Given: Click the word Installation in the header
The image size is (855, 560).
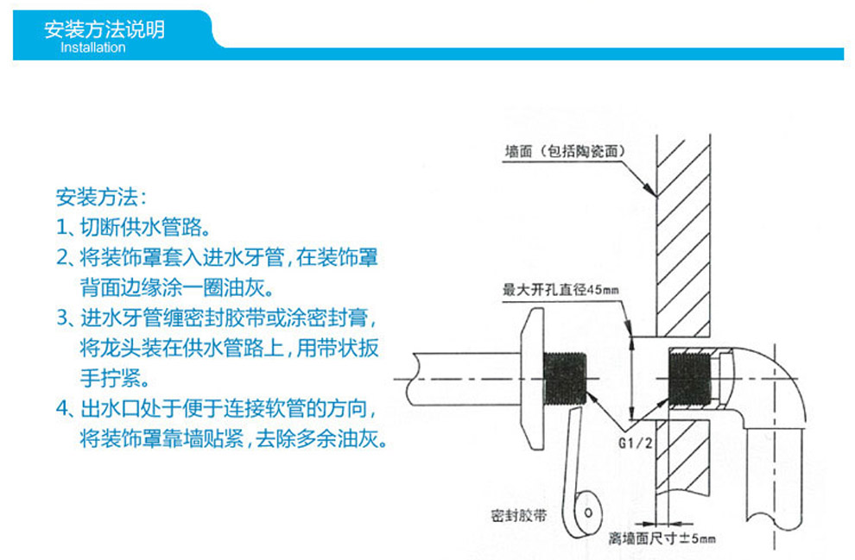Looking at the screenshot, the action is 92,47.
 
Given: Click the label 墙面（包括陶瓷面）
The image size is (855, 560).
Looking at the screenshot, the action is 565,152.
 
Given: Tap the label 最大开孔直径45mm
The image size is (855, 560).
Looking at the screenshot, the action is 560,291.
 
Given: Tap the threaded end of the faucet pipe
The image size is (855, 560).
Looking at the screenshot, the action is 565,380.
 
